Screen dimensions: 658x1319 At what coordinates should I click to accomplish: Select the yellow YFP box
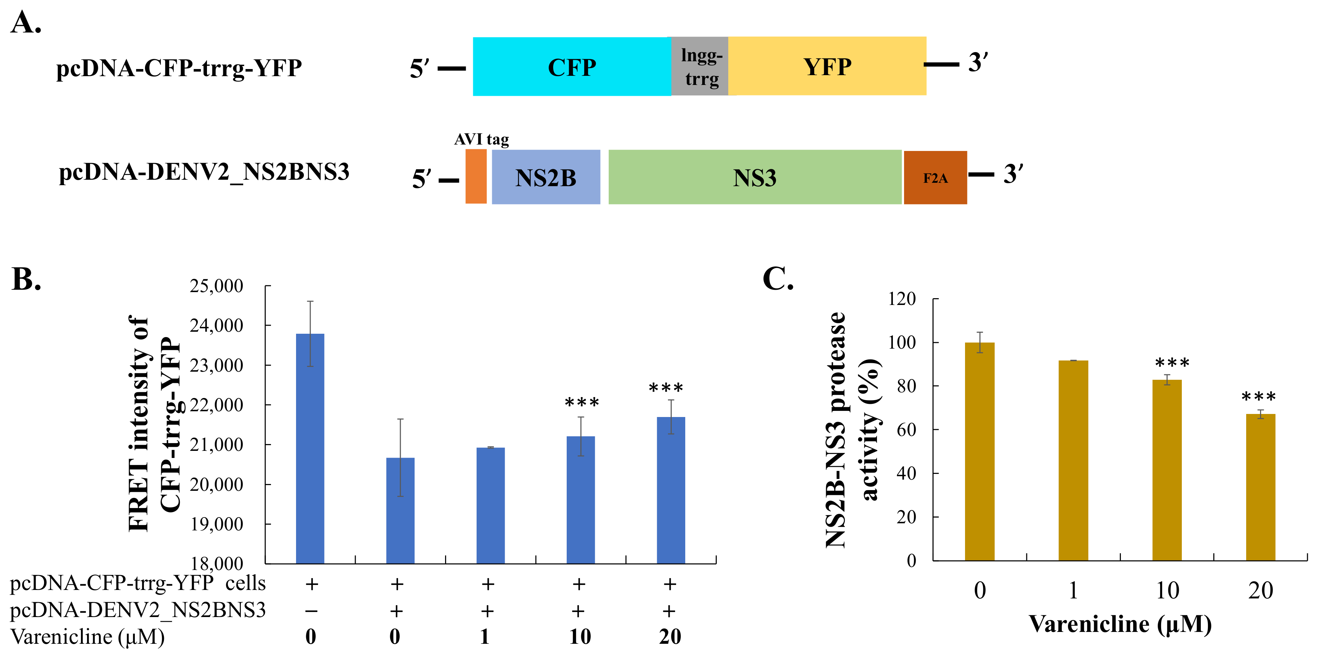[x=827, y=67]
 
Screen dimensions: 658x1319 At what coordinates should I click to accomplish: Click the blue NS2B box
[x=546, y=177]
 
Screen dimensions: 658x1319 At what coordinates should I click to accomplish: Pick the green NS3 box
[x=755, y=177]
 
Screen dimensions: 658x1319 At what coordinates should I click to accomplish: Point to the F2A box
[x=935, y=178]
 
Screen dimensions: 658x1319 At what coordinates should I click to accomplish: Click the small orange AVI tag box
[x=476, y=177]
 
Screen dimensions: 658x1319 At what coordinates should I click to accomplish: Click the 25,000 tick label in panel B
[x=216, y=286]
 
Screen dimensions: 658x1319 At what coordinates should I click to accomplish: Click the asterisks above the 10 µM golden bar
[x=1172, y=363]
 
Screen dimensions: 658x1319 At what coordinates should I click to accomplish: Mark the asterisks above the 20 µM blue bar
[x=666, y=388]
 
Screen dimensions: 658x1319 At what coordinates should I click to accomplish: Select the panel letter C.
[x=778, y=279]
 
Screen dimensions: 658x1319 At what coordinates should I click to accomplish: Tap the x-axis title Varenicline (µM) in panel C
[x=1120, y=624]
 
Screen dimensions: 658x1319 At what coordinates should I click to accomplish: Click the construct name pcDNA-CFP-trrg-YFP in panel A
[x=179, y=68]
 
